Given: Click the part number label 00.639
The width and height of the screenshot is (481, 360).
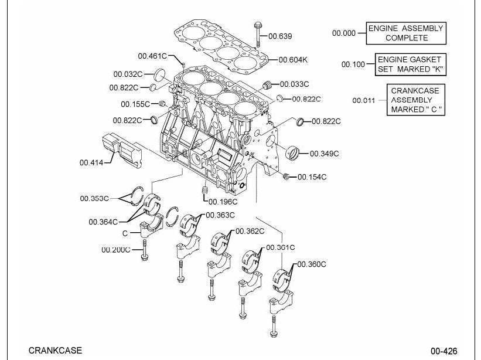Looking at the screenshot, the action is pos(280,36).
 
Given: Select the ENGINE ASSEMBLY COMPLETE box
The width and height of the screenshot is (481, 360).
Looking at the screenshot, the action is pos(406,33).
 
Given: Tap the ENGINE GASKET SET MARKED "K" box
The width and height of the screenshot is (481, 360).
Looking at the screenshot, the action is pos(410,64).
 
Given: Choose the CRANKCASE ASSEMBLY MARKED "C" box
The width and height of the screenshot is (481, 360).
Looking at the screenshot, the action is pos(415,100).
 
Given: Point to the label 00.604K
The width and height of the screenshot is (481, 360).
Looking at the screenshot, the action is pos(293,60).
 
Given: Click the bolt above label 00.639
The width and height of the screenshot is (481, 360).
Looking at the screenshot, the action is pos(258,34).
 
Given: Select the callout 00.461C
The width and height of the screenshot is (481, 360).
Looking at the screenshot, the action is pos(152,56).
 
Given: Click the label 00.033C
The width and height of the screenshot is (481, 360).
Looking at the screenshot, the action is pos(294,84).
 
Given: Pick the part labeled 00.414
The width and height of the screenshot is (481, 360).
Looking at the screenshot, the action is pos(122,150).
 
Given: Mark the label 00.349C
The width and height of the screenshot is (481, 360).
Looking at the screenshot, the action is pos(324,154).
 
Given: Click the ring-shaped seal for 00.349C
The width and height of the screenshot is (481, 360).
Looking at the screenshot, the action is pos(293,152).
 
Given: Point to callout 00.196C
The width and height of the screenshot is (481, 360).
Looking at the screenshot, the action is pos(223,202).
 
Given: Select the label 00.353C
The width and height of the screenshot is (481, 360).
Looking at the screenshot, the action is pos(94,198).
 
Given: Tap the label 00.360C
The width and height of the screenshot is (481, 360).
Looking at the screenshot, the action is pos(312,264).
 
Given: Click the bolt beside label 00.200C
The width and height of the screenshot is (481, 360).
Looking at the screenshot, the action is pos(144,250).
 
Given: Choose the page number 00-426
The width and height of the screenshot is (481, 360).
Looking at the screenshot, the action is pos(444,351).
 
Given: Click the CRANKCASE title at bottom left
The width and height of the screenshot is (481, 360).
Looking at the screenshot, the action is pos(55,350).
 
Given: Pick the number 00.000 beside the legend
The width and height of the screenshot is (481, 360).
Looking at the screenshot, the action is pos(344,33).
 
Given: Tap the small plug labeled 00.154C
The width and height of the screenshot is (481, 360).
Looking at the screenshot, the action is pos(286,176).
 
